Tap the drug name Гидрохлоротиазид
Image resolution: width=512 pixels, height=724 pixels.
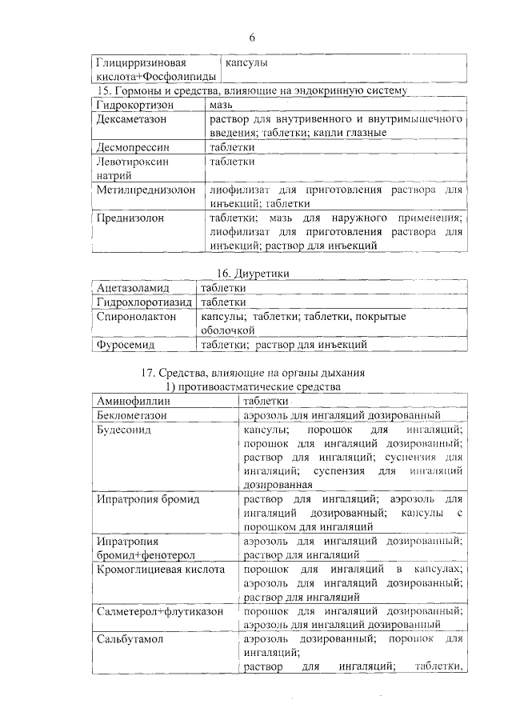pyautogui.click(x=143, y=302)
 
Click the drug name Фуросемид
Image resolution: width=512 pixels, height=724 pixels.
pyautogui.click(x=126, y=346)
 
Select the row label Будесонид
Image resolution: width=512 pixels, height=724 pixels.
pyautogui.click(x=124, y=430)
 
